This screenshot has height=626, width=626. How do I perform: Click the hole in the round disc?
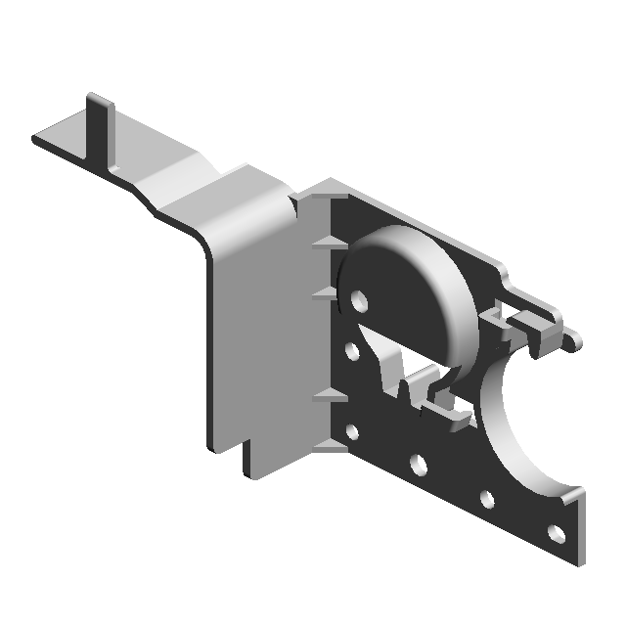pyautogui.click(x=358, y=297)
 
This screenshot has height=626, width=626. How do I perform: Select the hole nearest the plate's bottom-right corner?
pyautogui.click(x=556, y=533)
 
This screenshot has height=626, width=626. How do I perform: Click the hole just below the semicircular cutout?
pyautogui.click(x=487, y=499)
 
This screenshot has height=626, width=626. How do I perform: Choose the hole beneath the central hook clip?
pyautogui.click(x=418, y=463)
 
